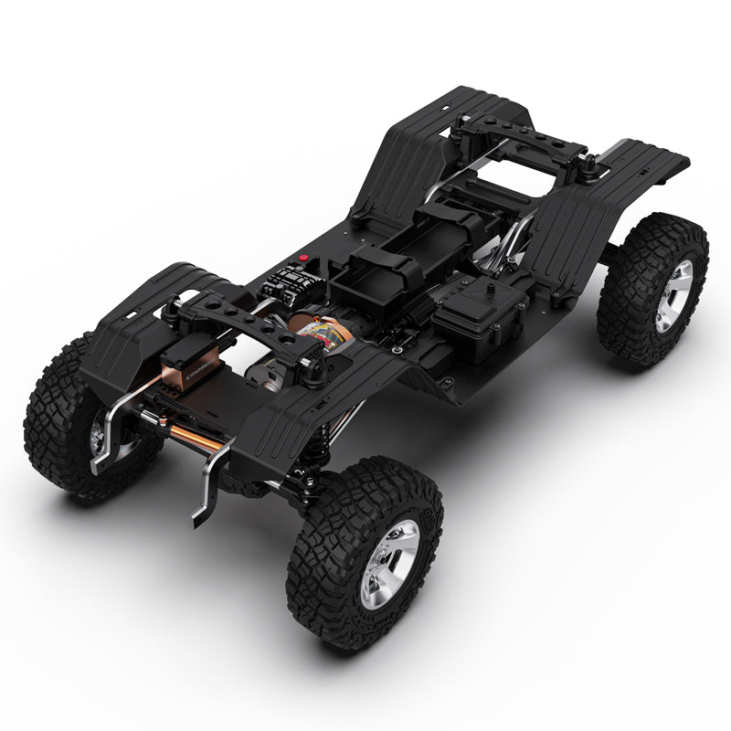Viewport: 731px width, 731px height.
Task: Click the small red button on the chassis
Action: coord(303,259)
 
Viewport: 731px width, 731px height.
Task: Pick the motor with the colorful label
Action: coord(323,334)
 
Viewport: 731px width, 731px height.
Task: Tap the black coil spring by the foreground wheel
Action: coord(313,457)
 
